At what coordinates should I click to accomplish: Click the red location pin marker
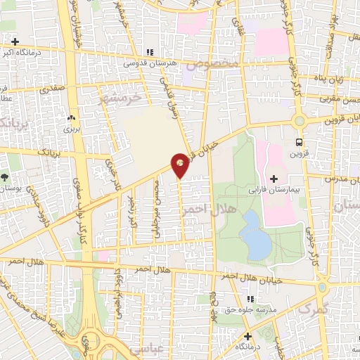(180, 164)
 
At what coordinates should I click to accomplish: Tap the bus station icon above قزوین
(300, 141)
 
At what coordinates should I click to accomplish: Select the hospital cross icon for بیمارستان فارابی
(274, 180)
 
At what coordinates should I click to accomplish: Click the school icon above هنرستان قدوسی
(148, 53)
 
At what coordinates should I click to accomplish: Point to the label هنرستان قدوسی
(148, 63)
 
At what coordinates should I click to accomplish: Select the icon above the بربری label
(71, 118)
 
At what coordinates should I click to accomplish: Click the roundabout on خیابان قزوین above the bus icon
(300, 120)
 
